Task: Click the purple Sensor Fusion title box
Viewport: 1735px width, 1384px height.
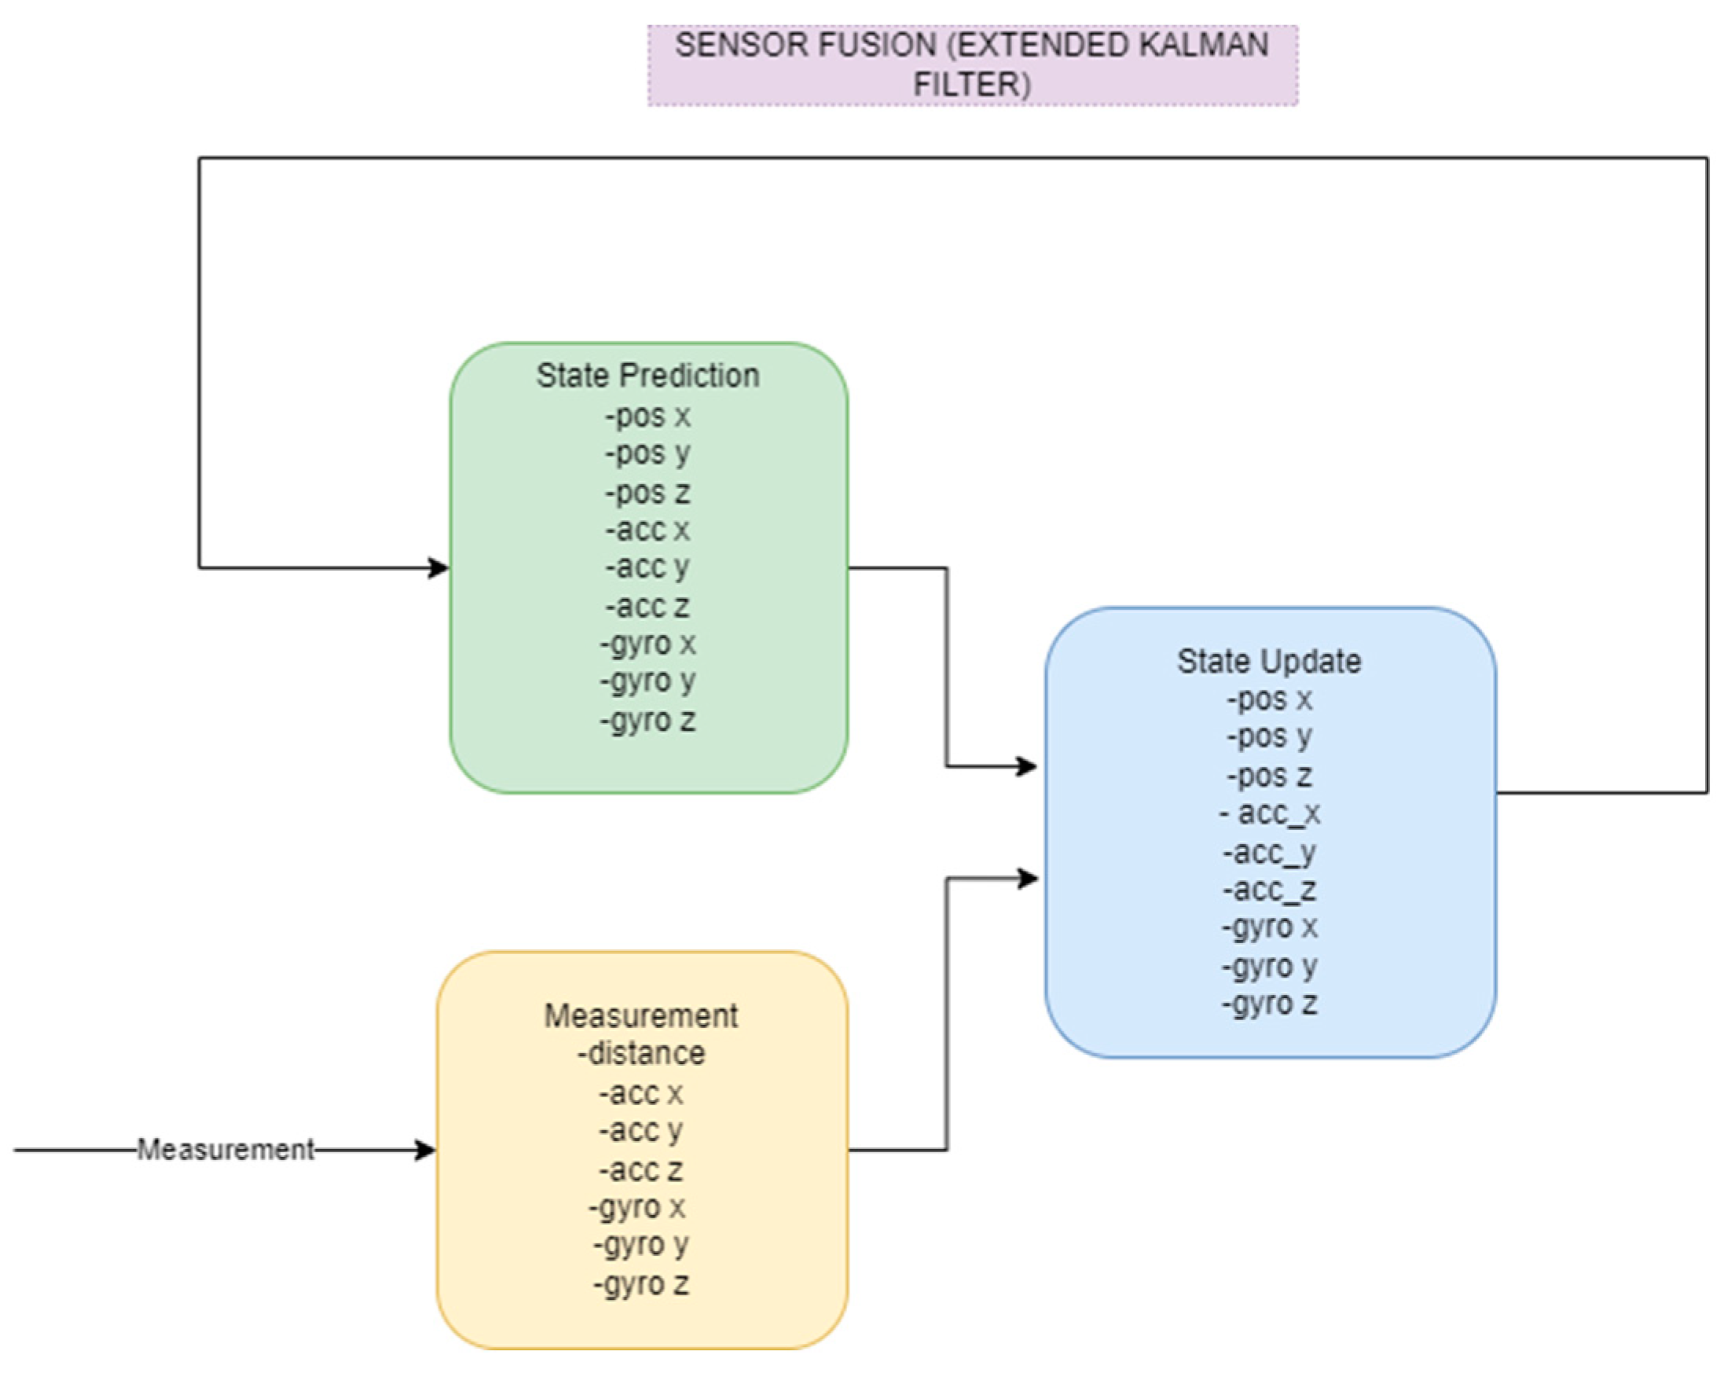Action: coord(972,65)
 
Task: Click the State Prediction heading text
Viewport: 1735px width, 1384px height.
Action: coord(647,376)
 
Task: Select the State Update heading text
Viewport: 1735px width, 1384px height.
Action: coord(1269,662)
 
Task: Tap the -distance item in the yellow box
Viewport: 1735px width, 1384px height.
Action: coord(641,1053)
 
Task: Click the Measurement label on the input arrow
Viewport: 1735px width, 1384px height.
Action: coord(226,1149)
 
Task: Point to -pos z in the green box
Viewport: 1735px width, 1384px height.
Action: coord(647,493)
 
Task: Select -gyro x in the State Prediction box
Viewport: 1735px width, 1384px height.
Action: coord(647,644)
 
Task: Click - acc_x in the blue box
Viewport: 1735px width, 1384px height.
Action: coord(1269,813)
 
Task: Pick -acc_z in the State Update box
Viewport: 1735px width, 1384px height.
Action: coord(1269,890)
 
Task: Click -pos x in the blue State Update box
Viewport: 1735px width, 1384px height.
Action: coord(1269,699)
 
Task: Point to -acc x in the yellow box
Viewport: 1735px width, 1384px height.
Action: coord(641,1093)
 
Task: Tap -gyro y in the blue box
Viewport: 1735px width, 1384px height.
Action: coord(1269,966)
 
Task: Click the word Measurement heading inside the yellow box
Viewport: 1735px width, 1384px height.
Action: coord(641,1015)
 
